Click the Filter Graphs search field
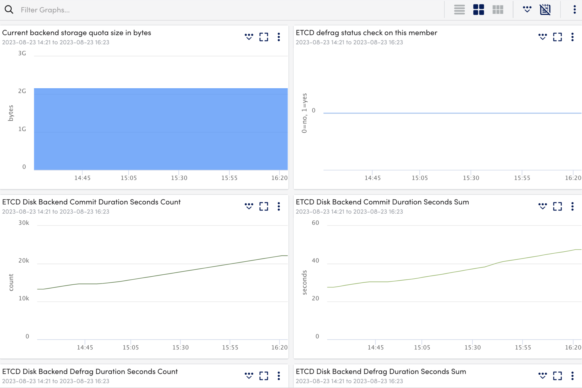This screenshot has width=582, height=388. pos(114,10)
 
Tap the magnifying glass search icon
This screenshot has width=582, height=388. pos(9,10)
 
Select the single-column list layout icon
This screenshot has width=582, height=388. pos(459,10)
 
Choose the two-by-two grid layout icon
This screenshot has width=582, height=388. pos(479,10)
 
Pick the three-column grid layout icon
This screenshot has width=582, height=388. pos(498,10)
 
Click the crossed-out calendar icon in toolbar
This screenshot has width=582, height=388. pos(545,10)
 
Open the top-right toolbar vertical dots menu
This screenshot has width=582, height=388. pos(574,10)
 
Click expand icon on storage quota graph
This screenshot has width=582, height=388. pos(264,37)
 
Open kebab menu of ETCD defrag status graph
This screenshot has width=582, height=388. pos(572,37)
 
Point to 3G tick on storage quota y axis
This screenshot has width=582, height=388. pos(22,53)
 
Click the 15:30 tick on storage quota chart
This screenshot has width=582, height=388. pos(179,178)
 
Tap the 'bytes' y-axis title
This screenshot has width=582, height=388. pos(11,113)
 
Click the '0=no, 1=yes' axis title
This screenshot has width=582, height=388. pos(304,113)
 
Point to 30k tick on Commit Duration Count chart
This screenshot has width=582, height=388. pos(24,223)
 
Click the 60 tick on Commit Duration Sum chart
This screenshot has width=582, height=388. pos(315,223)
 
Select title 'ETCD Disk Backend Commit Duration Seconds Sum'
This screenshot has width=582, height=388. pos(382,202)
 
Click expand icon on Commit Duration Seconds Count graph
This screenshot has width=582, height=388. pos(264,206)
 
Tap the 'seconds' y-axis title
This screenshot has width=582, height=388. pos(304,282)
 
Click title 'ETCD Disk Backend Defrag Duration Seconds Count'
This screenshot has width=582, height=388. pos(90,372)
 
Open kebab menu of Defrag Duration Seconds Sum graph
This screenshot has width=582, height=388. pos(572,376)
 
